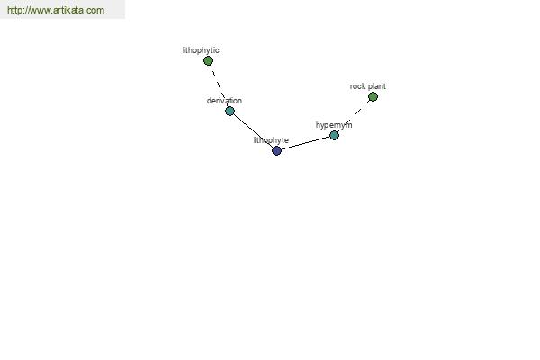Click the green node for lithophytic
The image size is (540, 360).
click(208, 61)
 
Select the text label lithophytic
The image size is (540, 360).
click(201, 50)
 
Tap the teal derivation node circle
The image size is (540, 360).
click(229, 111)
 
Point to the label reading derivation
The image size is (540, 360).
click(224, 101)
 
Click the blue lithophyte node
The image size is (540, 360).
click(276, 150)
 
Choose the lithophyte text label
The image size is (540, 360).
click(271, 140)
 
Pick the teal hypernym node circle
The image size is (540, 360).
click(334, 135)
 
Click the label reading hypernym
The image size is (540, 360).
click(334, 125)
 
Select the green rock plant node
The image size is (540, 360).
click(373, 97)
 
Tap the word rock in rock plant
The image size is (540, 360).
click(358, 86)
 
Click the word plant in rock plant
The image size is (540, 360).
click(377, 86)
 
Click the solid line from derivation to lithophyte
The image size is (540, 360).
click(253, 130)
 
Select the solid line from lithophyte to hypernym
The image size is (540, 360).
click(305, 143)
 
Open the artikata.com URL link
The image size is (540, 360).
click(56, 10)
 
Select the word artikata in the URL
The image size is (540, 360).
click(68, 10)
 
